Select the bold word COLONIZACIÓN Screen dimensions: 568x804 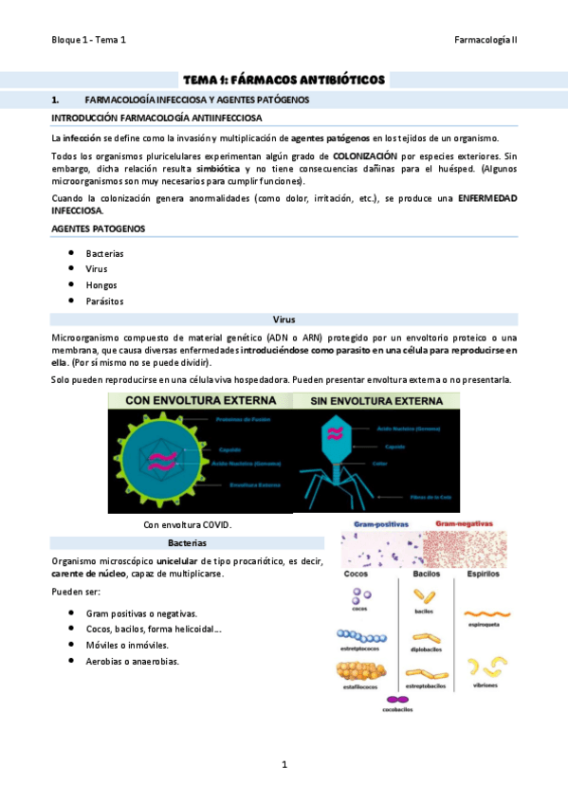tap(366, 155)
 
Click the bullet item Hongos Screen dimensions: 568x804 tap(101, 284)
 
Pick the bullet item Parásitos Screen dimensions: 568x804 tap(104, 301)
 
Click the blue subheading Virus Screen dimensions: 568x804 tap(284, 320)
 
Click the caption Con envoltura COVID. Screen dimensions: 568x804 tap(187, 524)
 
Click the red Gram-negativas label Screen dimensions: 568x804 tap(463, 523)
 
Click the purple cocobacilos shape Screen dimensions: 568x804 tap(396, 700)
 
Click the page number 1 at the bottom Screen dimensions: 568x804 tap(284, 763)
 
